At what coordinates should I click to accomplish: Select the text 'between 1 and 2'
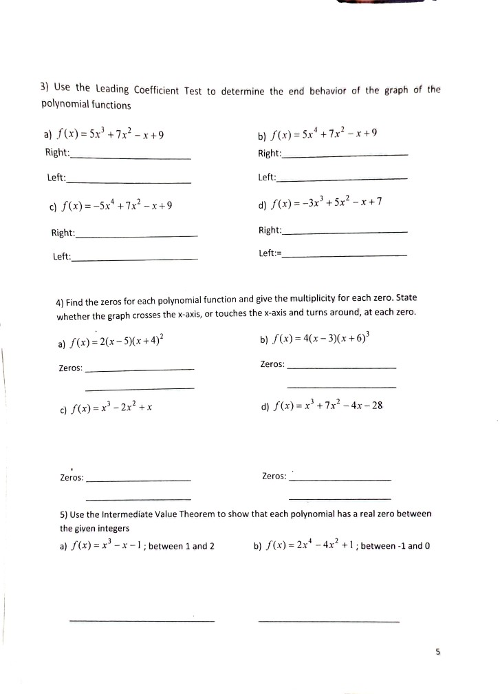pos(182,546)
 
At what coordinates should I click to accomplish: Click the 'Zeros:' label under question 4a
pos(71,368)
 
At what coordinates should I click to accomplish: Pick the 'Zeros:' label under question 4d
pos(274,476)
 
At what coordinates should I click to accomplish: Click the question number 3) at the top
pos(45,87)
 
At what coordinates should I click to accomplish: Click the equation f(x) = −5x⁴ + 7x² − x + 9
pos(118,205)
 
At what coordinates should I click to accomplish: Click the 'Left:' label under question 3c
pos(62,257)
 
